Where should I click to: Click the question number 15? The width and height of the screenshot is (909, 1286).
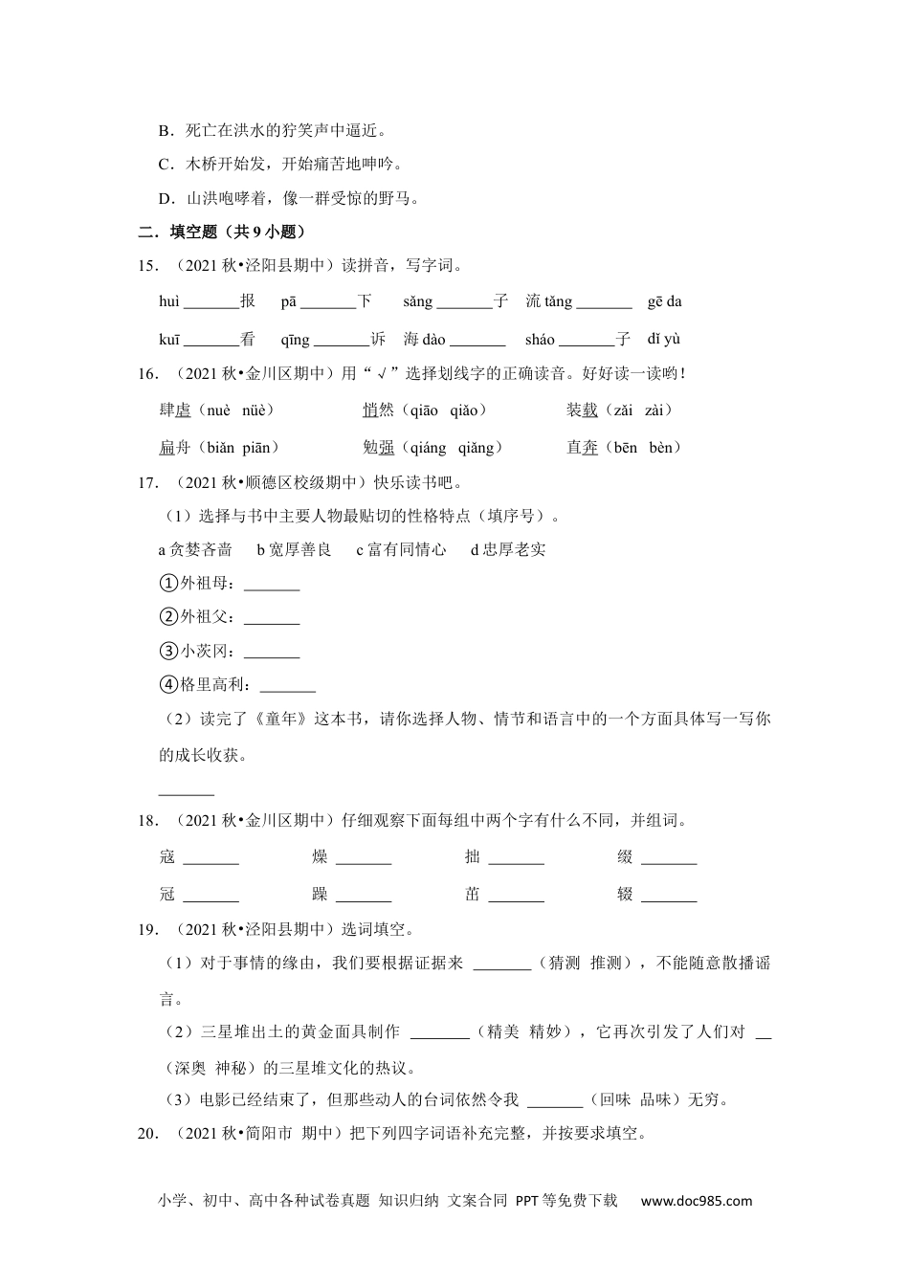147,266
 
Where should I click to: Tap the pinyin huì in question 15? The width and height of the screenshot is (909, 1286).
169,301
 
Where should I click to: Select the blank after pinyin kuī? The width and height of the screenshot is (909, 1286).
211,339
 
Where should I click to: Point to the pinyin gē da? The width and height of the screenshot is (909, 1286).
664,301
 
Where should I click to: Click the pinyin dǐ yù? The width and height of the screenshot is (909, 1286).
663,339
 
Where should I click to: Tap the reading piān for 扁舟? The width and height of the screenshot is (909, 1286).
257,448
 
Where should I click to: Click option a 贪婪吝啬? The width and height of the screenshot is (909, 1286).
195,549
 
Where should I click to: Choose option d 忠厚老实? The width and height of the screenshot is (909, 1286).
508,549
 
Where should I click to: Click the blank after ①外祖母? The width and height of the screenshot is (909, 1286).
272,585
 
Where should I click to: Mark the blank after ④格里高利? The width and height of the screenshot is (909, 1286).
288,685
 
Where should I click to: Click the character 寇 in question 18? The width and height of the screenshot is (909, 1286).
167,857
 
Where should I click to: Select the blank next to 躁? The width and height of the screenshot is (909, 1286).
364,895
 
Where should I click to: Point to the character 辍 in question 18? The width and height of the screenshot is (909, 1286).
625,895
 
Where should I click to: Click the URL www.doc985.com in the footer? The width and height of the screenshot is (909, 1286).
696,1201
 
